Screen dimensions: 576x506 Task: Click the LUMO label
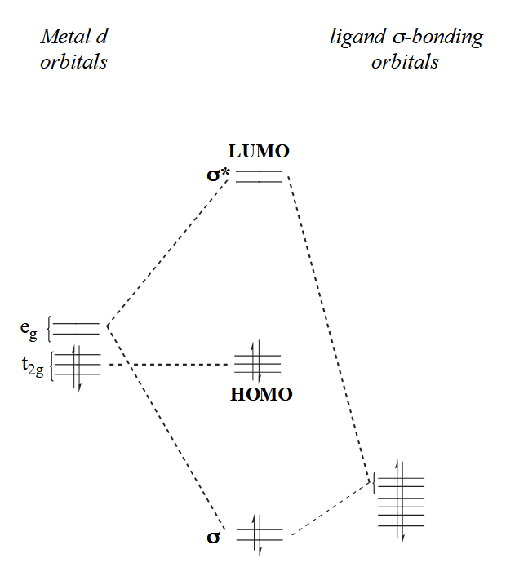tap(260, 151)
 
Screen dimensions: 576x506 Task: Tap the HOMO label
tap(261, 395)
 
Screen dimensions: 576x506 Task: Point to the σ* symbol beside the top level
tap(218, 174)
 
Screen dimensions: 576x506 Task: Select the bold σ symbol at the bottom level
tap(214, 538)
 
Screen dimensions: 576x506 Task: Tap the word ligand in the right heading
tap(355, 38)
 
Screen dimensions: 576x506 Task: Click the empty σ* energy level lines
tap(259, 175)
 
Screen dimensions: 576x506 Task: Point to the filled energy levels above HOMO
tap(258, 362)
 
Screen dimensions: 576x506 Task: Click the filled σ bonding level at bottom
tap(259, 535)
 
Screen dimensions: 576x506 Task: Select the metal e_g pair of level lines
tap(76, 329)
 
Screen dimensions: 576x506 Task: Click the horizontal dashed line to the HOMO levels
tap(171, 364)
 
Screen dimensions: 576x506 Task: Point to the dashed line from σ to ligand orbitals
tap(331, 507)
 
